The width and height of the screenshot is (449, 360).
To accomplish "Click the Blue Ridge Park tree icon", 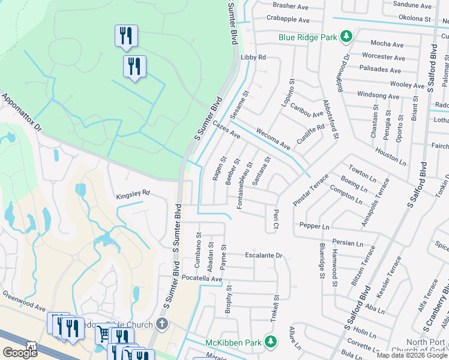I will click(346, 37).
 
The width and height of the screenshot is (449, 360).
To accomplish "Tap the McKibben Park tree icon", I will click(271, 342).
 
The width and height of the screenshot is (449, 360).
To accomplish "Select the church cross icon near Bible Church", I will click(161, 325).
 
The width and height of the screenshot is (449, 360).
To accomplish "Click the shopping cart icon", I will click(103, 333).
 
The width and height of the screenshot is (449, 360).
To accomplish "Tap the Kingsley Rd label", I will click(133, 194).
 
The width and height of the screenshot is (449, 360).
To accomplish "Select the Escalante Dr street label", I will click(264, 256).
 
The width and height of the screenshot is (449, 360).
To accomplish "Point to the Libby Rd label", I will click(253, 58).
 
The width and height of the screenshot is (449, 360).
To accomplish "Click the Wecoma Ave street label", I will click(273, 139).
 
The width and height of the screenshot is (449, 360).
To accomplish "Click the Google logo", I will click(20, 352).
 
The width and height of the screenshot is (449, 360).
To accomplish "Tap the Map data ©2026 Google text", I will click(412, 355).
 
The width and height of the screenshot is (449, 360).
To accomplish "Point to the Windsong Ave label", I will click(378, 96).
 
